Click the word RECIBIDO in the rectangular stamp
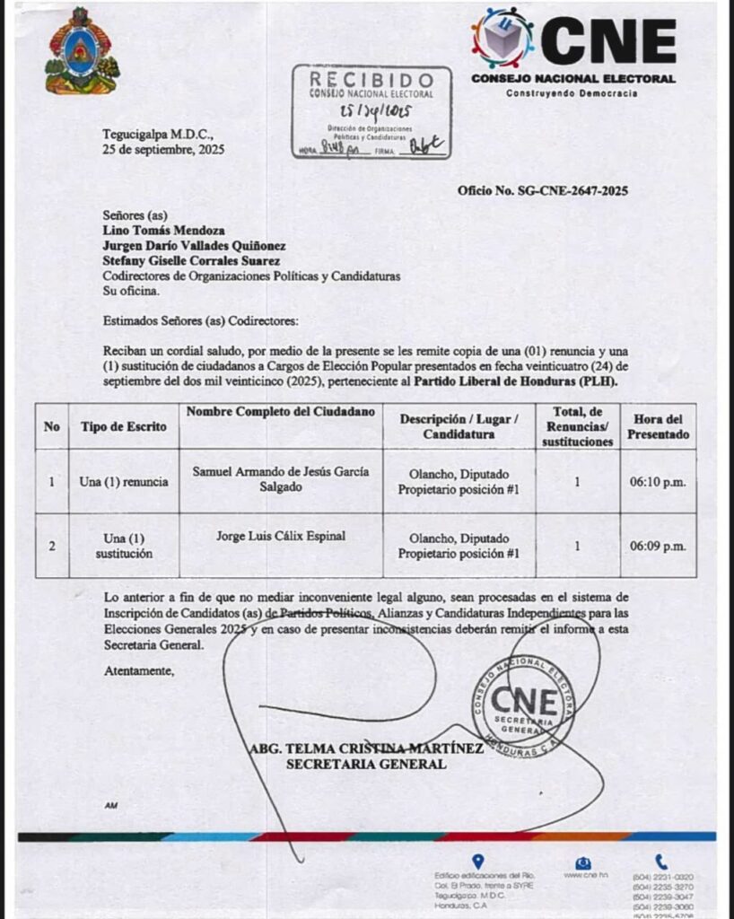371,79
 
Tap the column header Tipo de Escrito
124,426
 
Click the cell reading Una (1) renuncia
124,481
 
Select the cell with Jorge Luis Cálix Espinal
280,537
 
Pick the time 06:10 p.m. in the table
658,481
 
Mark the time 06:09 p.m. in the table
658,545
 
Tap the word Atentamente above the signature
139,670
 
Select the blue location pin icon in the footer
478,862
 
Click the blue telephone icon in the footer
661,862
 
